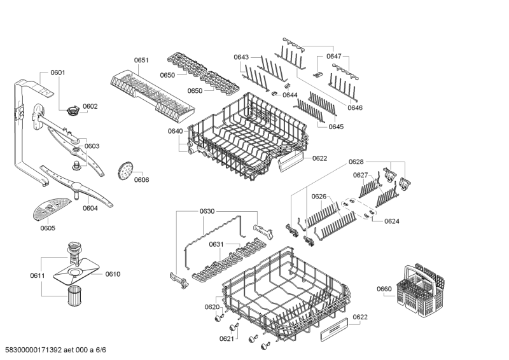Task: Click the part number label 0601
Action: point(57,73)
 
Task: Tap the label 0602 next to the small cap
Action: point(90,106)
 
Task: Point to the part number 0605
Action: point(48,228)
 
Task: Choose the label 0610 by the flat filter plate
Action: point(113,274)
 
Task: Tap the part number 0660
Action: point(384,289)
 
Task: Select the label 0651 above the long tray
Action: point(141,60)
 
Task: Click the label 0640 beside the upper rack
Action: point(175,131)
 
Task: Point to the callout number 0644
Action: point(290,95)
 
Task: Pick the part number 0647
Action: point(334,57)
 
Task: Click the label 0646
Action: point(354,108)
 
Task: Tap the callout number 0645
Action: point(336,127)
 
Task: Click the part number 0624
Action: point(392,221)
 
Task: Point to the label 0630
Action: point(207,211)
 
